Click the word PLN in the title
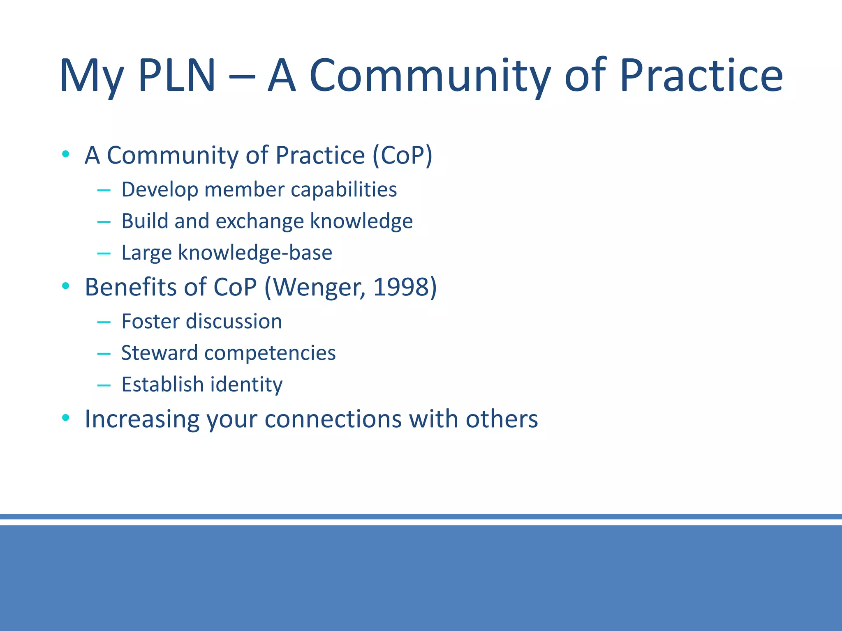pyautogui.click(x=177, y=76)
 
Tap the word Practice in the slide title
pyautogui.click(x=701, y=76)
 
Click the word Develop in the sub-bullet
pyautogui.click(x=160, y=190)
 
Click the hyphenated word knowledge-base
pyautogui.click(x=255, y=253)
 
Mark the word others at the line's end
pyautogui.click(x=502, y=419)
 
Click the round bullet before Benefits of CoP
pyautogui.click(x=65, y=286)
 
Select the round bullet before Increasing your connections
pyautogui.click(x=65, y=418)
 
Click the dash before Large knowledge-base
pyautogui.click(x=104, y=253)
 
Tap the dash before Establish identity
pyautogui.click(x=104, y=385)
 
